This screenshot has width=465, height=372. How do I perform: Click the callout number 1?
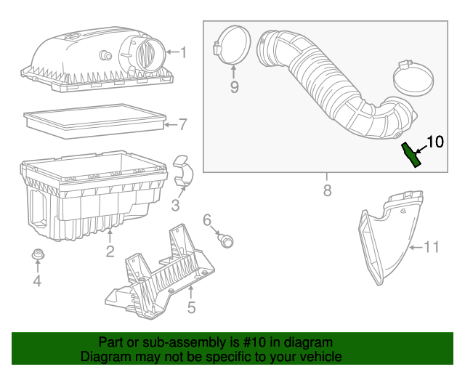[x=183, y=52]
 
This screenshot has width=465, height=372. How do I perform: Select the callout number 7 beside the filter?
[x=183, y=124]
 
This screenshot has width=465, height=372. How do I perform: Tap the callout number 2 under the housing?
[x=110, y=252]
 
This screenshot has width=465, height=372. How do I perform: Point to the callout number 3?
[x=176, y=206]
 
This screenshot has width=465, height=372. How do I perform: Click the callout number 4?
[x=36, y=281]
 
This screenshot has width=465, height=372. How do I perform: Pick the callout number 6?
[x=206, y=219]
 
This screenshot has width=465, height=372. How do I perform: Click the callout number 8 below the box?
[x=326, y=191]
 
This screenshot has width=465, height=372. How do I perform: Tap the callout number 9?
[x=234, y=87]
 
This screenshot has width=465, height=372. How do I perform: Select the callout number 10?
[x=434, y=141]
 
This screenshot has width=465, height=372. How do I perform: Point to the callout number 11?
[x=432, y=247]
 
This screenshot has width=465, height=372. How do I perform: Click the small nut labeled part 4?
[x=36, y=256]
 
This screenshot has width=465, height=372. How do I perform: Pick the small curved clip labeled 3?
[x=184, y=171]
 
